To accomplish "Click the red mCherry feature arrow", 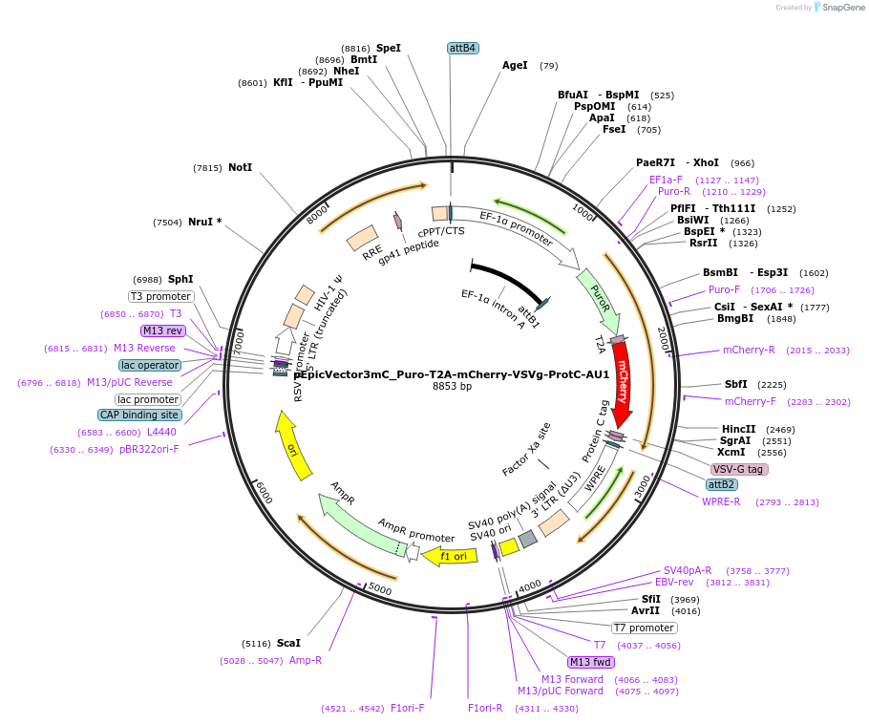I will click(622, 382).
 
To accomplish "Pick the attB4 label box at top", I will click(462, 48).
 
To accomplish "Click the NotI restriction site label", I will click(241, 167).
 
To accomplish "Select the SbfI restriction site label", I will click(735, 384).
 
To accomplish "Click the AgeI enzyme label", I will click(515, 66).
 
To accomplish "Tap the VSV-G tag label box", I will click(739, 469).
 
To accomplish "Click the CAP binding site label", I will click(139, 415).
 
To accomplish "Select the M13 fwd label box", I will click(590, 662).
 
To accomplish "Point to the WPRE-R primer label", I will click(721, 501).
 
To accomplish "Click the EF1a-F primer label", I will click(666, 180).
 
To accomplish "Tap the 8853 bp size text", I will click(453, 387).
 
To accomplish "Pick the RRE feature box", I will click(362, 239).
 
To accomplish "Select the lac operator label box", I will click(150, 365).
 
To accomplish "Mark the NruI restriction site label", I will click(204, 223).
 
